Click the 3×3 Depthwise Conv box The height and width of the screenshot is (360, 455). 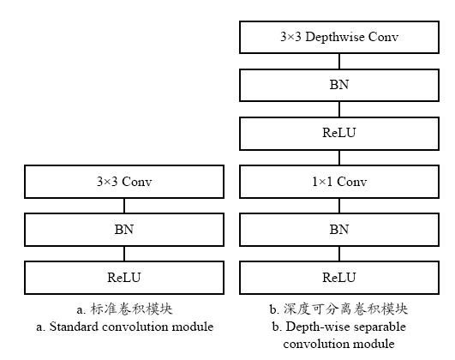(x=339, y=37)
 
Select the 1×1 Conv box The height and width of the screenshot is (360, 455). (x=339, y=182)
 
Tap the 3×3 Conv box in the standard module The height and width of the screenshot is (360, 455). (x=124, y=182)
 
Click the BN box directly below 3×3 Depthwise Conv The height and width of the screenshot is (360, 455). (x=339, y=85)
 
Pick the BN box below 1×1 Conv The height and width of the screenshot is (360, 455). (x=339, y=230)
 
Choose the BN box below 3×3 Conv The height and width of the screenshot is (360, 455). (x=124, y=230)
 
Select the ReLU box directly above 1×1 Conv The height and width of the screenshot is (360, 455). (x=339, y=134)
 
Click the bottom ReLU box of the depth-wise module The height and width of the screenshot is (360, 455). (x=339, y=278)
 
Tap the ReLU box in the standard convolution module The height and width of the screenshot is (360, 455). (x=124, y=278)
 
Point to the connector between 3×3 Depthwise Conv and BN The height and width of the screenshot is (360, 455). (x=339, y=61)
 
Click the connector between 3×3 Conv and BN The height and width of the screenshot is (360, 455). (x=124, y=206)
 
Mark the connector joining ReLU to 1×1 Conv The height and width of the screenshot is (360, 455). (x=339, y=158)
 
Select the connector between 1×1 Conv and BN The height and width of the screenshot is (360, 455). (x=339, y=206)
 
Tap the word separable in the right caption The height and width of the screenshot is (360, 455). (x=380, y=327)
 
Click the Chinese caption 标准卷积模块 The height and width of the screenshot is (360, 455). (x=131, y=309)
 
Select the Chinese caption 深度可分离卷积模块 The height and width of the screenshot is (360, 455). (x=345, y=309)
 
